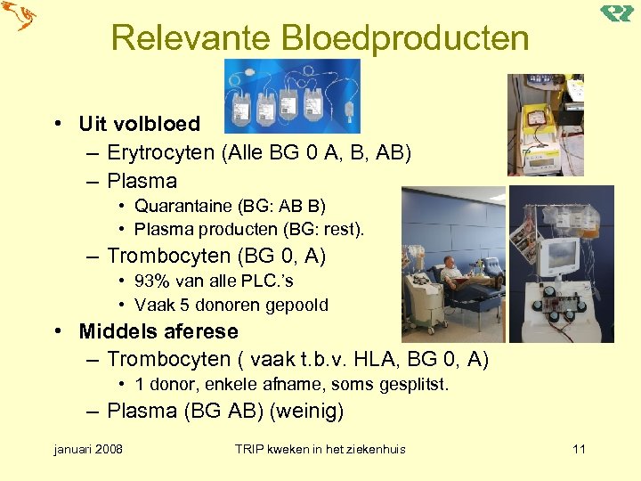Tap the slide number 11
point(579,449)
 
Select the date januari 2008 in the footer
point(88,449)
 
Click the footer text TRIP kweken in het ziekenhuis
point(319,449)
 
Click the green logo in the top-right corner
point(617,12)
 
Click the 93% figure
point(151,281)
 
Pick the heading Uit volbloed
point(139,124)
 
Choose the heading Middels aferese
point(158,331)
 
